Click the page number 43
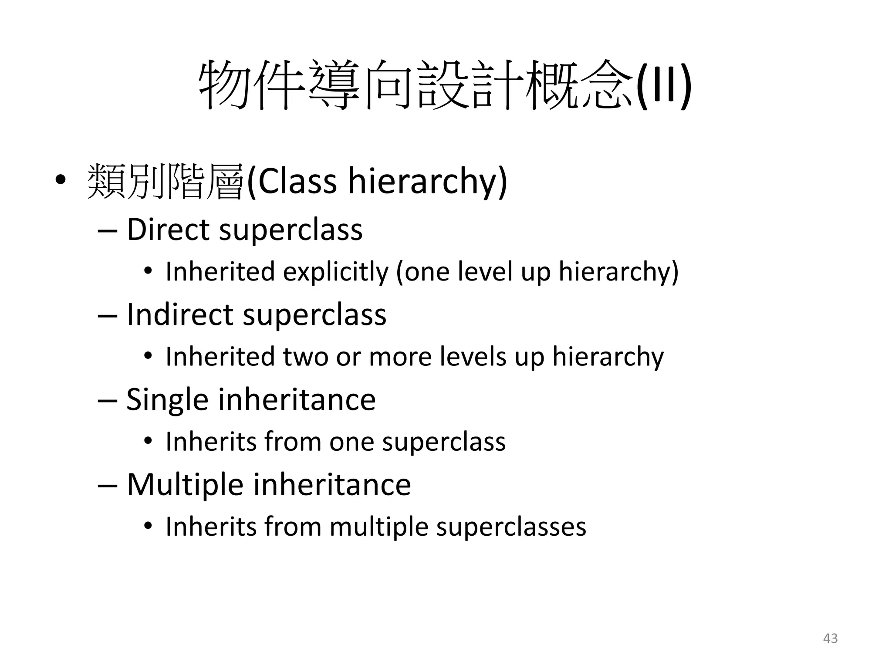[830, 638]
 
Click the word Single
[167, 400]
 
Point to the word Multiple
[185, 484]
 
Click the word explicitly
[335, 272]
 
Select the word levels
[473, 356]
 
